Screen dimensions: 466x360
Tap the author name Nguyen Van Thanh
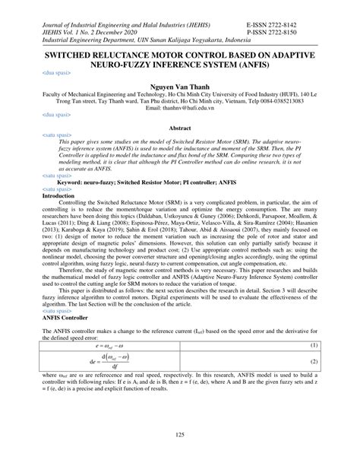pos(179,87)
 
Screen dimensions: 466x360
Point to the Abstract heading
pos(179,129)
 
